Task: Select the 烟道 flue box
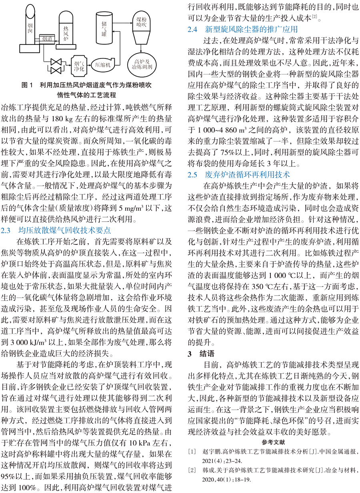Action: tap(47, 38)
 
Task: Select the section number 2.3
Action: tap(8, 230)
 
